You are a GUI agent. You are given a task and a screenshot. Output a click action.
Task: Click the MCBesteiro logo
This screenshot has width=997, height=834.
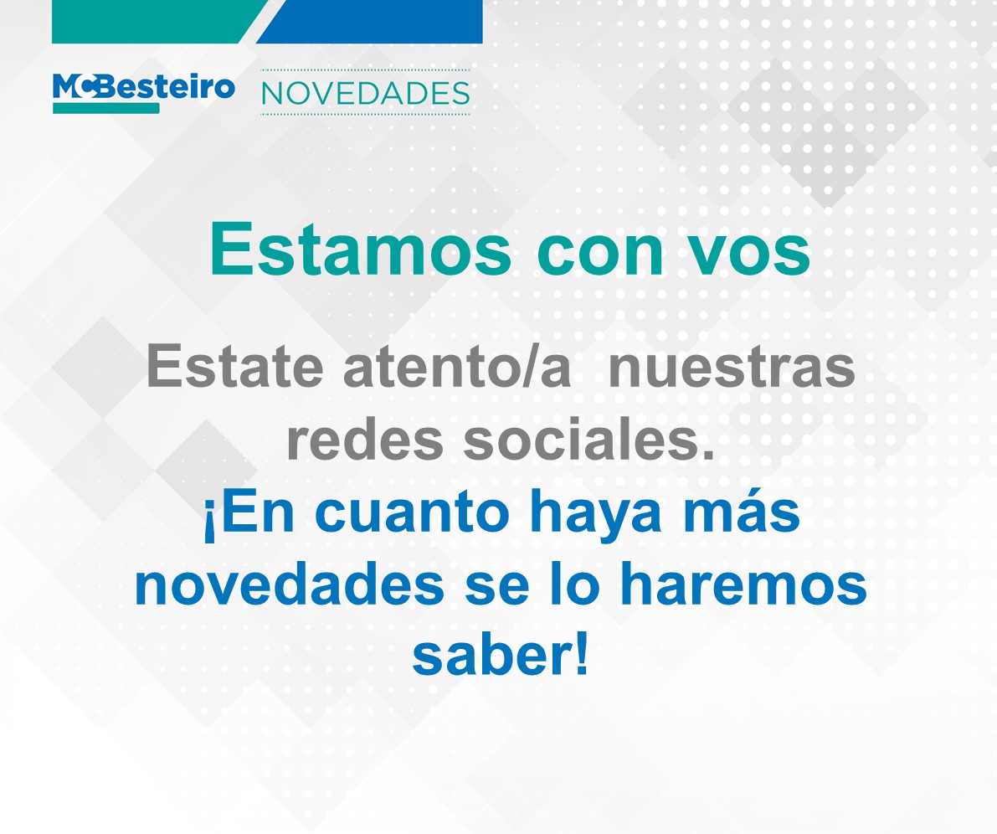click(x=144, y=93)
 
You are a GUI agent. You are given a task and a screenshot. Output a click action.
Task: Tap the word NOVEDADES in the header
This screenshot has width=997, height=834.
click(x=366, y=94)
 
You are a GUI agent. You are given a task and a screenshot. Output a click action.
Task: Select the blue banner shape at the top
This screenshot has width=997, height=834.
click(x=369, y=21)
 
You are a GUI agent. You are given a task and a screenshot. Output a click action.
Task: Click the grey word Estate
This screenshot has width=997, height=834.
click(x=234, y=366)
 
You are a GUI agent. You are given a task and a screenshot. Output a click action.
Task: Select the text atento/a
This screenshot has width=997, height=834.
click(x=457, y=366)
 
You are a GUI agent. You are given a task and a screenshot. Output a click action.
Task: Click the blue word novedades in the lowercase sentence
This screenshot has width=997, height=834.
click(x=290, y=584)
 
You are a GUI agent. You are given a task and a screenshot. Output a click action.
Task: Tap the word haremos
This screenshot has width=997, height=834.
click(x=743, y=584)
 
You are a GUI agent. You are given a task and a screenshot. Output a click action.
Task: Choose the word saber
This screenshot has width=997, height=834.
click(x=490, y=656)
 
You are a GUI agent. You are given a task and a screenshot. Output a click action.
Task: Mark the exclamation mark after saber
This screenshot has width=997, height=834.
click(x=581, y=656)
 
